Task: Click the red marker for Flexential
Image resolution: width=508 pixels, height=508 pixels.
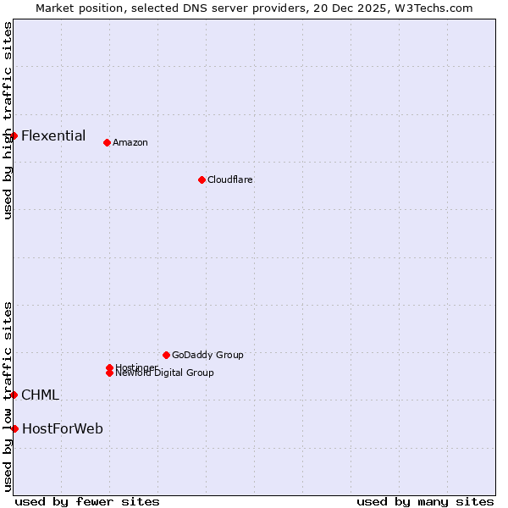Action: tap(14, 135)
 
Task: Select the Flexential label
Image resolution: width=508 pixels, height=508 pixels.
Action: tap(53, 135)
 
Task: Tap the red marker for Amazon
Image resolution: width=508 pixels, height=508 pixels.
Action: tap(107, 142)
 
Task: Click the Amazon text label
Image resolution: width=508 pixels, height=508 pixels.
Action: tap(130, 142)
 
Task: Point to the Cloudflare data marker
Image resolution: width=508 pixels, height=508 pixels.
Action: tap(202, 179)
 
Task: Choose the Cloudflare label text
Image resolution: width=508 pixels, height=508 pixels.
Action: tap(230, 179)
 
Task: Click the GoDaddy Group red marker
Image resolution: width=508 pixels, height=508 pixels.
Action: tap(166, 355)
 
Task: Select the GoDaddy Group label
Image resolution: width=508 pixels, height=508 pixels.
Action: tap(207, 355)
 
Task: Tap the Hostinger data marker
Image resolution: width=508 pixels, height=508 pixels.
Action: tap(109, 367)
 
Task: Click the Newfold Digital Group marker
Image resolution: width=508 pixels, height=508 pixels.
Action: tap(109, 373)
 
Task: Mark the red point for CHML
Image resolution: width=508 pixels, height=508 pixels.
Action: tap(14, 395)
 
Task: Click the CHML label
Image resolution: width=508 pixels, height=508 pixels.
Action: tap(40, 395)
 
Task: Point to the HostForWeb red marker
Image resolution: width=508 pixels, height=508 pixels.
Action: tap(14, 428)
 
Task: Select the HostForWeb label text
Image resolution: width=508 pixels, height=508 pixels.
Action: tap(63, 429)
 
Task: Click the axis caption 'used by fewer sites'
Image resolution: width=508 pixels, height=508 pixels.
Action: tap(87, 501)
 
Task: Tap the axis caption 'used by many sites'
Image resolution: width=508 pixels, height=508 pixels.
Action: tap(425, 501)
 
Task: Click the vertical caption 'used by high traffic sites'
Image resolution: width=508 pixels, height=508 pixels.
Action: tap(8, 120)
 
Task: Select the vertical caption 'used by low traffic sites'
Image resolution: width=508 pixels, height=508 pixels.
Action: tap(8, 396)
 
